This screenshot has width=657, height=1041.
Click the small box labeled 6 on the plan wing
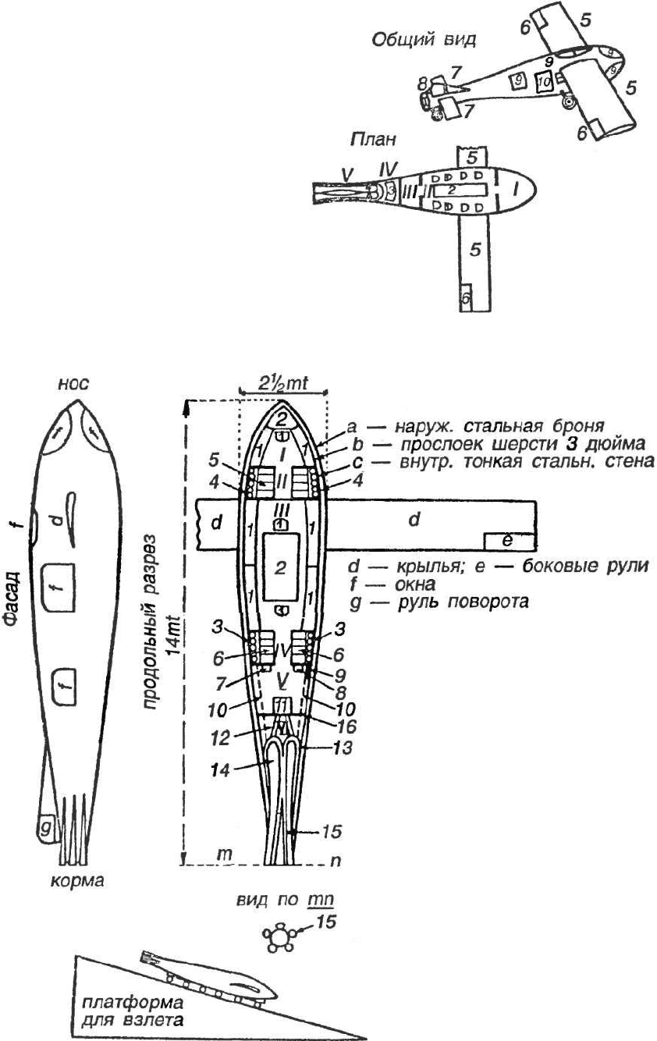(x=464, y=298)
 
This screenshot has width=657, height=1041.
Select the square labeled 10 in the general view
(x=544, y=80)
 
